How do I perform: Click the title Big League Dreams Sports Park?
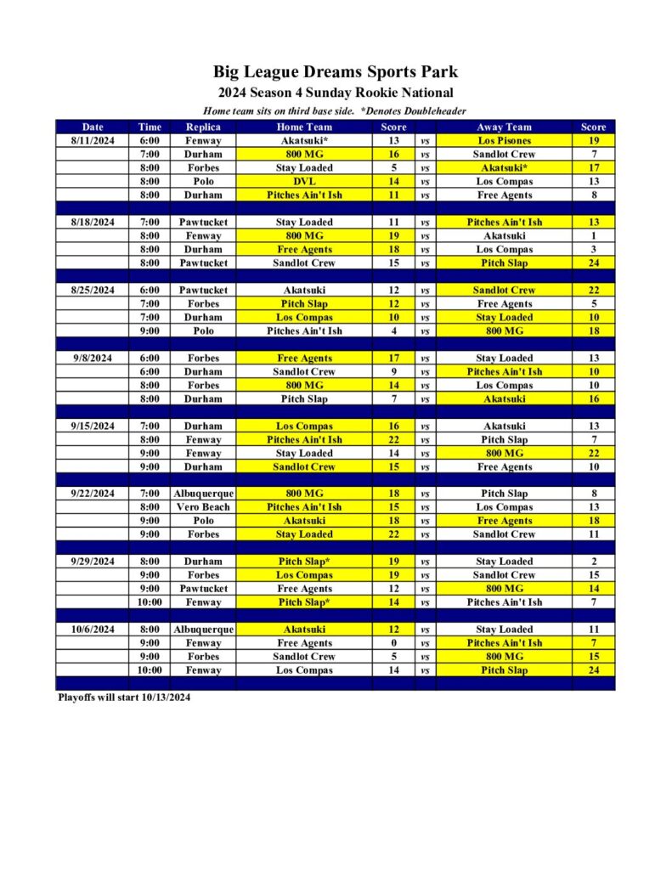335,72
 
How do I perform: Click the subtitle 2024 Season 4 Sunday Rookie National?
335,93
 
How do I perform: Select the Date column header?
93,127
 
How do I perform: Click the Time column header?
150,127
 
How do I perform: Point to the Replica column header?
202,127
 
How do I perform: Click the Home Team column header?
304,127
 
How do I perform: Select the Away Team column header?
504,127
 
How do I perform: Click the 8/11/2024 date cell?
93,141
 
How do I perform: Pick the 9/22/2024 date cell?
93,494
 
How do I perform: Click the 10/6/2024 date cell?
93,630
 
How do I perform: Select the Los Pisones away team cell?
504,141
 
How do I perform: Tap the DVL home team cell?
304,182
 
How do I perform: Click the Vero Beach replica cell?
202,507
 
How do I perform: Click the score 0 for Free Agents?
393,643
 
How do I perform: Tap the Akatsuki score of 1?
594,236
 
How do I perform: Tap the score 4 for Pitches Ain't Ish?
393,331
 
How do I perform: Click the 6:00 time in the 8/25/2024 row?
150,291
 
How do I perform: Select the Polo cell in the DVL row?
202,182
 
